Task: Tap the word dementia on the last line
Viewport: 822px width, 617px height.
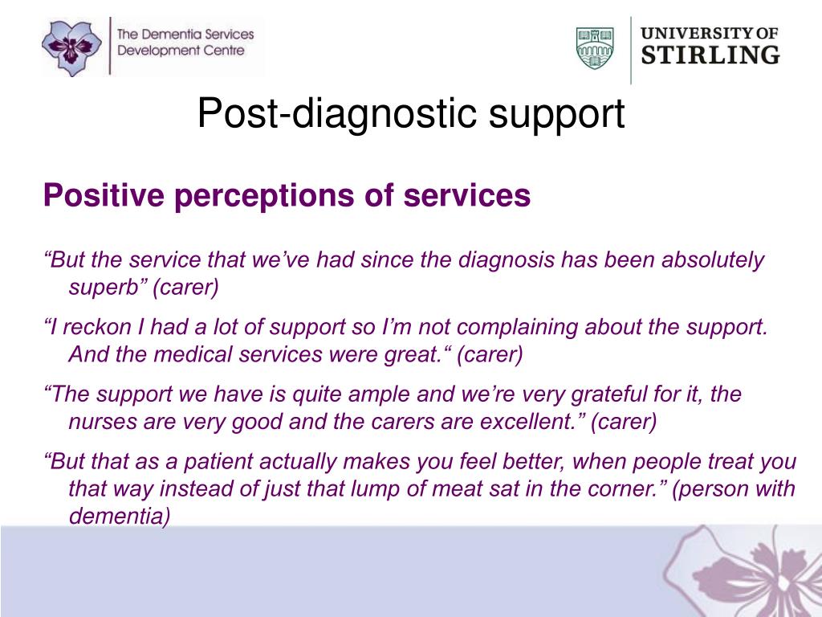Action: coord(118,516)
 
